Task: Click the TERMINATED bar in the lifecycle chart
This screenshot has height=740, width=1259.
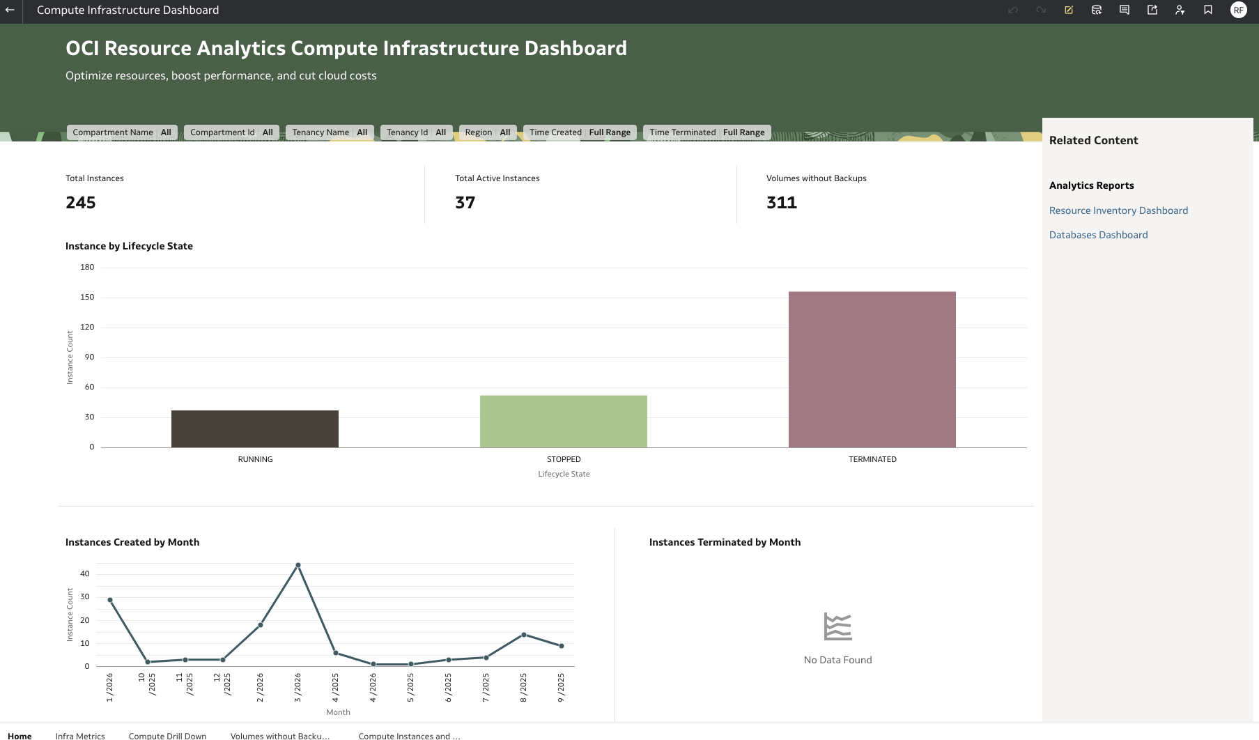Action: pos(872,369)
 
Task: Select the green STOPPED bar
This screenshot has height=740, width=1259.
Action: pos(563,422)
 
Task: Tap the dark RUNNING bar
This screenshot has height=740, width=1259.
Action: pos(254,429)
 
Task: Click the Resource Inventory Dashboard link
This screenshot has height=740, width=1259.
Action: pos(1118,210)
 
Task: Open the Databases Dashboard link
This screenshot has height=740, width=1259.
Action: pos(1098,235)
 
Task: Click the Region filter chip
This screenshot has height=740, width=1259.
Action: pos(487,132)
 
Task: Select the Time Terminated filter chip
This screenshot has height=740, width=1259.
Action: pos(706,132)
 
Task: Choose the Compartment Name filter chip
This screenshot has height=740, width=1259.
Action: pos(122,132)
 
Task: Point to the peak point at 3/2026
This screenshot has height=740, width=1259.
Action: pos(298,565)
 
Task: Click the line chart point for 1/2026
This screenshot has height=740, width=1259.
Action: pos(110,600)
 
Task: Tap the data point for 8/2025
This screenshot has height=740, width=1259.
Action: pos(524,635)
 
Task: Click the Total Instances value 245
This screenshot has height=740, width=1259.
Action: pos(81,203)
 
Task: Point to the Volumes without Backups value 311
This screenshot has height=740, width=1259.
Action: pos(781,203)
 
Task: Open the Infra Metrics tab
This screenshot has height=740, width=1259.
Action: pos(80,736)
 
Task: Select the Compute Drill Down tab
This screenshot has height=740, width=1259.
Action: pos(167,736)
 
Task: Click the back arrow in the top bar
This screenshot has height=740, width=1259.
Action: pos(10,10)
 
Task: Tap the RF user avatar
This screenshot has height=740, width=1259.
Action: pos(1238,10)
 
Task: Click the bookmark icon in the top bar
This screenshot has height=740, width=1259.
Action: pos(1208,10)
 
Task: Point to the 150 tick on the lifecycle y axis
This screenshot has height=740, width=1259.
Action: pos(87,297)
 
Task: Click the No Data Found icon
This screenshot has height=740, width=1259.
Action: pos(837,626)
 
